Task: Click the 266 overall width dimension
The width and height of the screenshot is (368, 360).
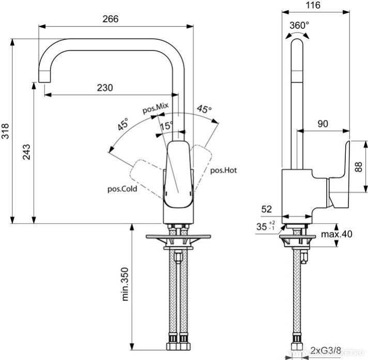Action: coord(111,19)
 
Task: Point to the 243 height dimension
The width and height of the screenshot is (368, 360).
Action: coord(27,152)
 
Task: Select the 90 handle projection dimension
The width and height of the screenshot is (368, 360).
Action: coord(323,124)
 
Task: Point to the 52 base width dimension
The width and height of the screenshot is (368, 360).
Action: coord(267,209)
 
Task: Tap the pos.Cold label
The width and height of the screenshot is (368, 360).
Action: coord(122,189)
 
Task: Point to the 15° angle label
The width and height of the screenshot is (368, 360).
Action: coord(166,126)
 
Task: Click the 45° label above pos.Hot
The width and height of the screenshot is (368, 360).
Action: coord(204,110)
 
